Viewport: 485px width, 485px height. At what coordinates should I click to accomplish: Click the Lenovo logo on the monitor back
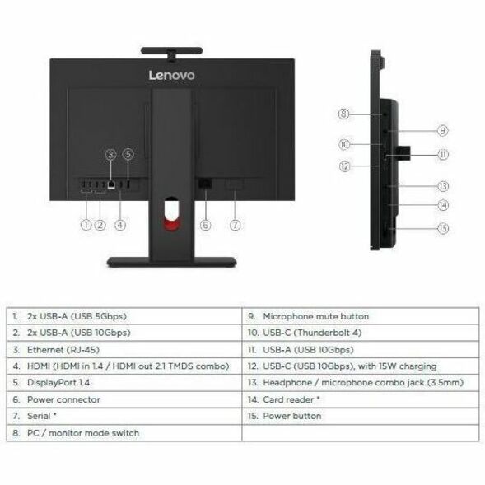coord(171,75)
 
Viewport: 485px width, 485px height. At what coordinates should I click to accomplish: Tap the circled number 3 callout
coord(110,154)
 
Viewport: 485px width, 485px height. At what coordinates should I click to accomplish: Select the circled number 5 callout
coord(128,154)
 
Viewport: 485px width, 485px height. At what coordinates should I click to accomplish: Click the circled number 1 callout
coord(86,225)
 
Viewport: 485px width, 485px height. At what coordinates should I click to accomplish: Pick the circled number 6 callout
coord(206,225)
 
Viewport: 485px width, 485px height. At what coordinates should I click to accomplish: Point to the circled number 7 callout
coord(235,225)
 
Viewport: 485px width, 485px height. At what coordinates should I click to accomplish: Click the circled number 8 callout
coord(343,114)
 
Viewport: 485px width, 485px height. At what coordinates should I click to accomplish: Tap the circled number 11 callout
coord(443,154)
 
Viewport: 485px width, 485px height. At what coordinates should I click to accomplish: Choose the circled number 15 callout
coord(443,229)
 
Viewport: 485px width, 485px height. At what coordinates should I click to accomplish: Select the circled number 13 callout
coord(443,186)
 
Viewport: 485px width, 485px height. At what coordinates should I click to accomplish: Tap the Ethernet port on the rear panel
coord(111,184)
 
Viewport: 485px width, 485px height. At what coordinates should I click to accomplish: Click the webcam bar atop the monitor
coord(171,51)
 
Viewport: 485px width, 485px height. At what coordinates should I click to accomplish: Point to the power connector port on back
coord(205,183)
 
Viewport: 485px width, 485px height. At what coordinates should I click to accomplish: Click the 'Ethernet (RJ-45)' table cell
coord(63,350)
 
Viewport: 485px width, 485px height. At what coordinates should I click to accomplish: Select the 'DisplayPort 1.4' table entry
coord(58,383)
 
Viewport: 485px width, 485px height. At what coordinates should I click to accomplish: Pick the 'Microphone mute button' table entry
coord(316,316)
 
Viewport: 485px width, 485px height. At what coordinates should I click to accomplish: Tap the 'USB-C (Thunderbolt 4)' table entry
coord(312,333)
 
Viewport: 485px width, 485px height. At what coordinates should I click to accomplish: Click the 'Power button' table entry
coord(292,416)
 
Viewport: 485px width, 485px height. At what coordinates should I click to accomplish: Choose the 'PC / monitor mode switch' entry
coord(83,433)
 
